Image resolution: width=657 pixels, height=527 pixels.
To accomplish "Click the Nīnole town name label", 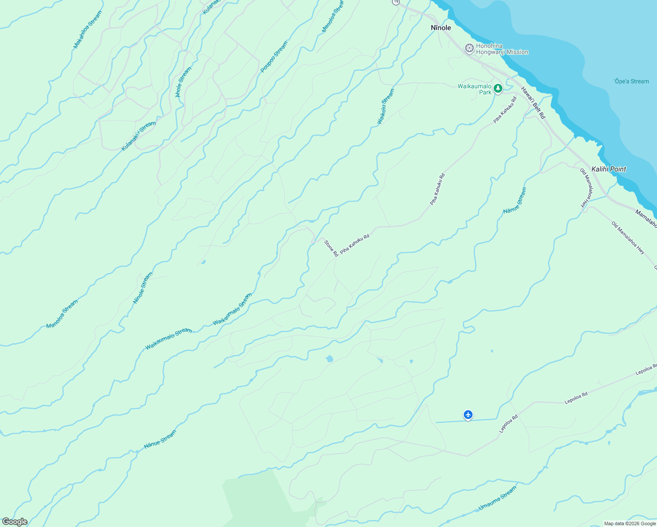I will [x=440, y=28].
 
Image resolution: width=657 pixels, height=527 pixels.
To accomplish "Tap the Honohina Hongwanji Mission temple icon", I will [x=469, y=48].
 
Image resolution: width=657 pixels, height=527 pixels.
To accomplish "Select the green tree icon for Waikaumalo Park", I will [x=498, y=89].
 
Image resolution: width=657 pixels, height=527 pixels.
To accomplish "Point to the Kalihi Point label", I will [x=609, y=169].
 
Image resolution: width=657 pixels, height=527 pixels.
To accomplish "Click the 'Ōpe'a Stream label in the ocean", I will [x=631, y=81].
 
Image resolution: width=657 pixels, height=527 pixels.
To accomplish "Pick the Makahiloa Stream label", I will [x=87, y=29].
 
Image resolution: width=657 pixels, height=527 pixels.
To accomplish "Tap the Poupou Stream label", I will [x=274, y=57].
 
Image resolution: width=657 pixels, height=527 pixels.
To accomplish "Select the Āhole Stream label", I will [x=184, y=82].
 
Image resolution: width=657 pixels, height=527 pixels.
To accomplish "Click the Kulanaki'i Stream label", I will [x=138, y=136].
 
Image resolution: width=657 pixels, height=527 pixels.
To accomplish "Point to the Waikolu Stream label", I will [x=386, y=106].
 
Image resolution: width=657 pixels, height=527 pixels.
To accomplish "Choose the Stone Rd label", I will [x=331, y=248].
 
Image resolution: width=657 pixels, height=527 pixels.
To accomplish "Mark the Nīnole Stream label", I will [x=143, y=288].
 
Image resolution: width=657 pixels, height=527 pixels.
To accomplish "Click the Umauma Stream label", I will [x=497, y=498].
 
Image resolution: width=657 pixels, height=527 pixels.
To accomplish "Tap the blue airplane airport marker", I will [x=468, y=414].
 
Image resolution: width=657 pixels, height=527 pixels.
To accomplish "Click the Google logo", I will [x=14, y=522].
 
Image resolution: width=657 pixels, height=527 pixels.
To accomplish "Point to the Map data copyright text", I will [x=629, y=523].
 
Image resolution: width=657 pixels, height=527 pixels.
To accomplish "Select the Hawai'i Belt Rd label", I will [x=533, y=103].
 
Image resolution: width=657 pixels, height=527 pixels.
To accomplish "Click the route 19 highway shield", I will [x=396, y=2].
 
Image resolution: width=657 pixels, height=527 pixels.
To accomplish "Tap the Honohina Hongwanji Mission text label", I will [x=502, y=49].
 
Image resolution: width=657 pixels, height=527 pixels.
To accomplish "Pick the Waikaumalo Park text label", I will [x=474, y=89].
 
